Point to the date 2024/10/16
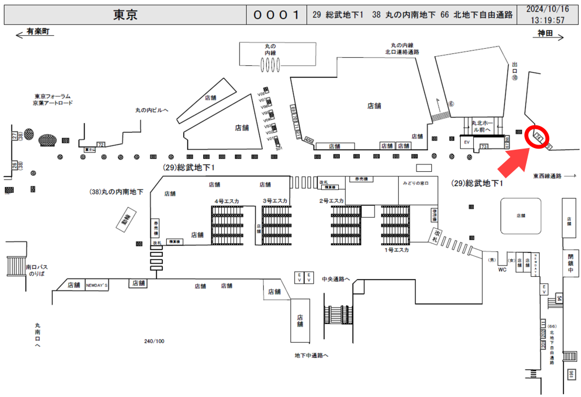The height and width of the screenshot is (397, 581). [x=548, y=10]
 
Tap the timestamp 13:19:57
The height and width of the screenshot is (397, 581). [x=548, y=20]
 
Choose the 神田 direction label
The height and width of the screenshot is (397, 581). [x=545, y=34]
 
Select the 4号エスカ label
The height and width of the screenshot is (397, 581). [x=227, y=201]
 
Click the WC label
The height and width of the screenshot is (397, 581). [x=502, y=270]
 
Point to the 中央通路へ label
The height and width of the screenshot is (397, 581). [x=336, y=278]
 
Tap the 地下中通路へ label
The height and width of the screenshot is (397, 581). [x=311, y=356]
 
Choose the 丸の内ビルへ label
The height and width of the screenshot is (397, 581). [x=151, y=110]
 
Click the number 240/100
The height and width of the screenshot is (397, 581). [x=154, y=341]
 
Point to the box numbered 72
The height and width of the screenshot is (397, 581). [x=101, y=145]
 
